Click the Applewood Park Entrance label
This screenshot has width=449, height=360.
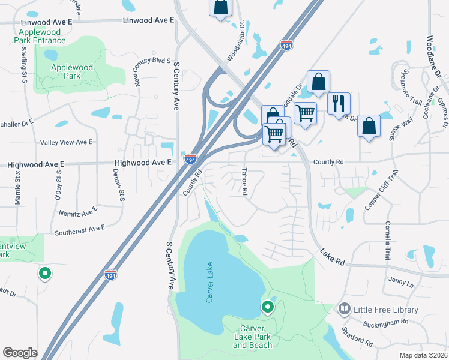point(41,36)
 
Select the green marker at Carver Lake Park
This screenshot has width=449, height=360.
point(268,308)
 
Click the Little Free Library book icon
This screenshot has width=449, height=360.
point(344,310)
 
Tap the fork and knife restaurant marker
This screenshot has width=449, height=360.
point(339,103)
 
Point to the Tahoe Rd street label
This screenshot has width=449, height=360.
point(244,181)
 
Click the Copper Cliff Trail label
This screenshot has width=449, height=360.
point(381,190)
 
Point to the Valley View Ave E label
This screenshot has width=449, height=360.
point(66,142)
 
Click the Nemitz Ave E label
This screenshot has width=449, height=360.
point(77,212)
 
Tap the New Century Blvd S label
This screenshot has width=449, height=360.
point(146,71)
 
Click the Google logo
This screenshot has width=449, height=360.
point(20,353)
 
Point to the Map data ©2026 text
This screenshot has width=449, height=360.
point(423,355)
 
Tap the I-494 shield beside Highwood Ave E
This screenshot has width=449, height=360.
point(190,160)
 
